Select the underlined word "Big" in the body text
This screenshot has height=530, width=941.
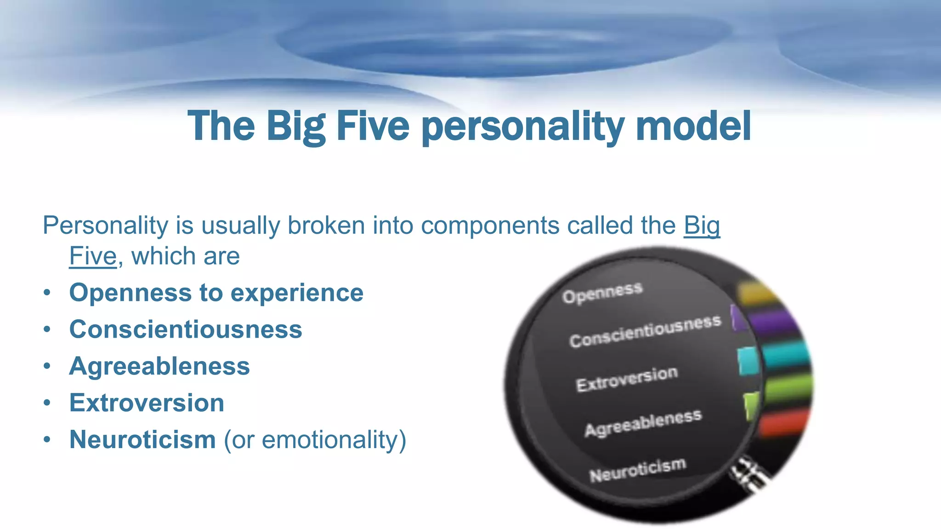coord(702,226)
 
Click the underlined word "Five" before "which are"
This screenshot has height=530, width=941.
coord(93,256)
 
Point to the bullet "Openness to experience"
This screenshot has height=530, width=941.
coord(216,293)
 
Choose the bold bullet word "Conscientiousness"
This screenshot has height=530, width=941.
coord(186,329)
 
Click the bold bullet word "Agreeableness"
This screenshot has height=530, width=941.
coord(159,366)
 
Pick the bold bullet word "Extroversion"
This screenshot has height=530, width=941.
coord(147,403)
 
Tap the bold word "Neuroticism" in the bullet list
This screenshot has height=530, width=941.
coord(142,439)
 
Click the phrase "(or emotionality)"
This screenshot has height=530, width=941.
coord(315,440)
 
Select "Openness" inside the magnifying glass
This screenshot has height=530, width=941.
coord(602,293)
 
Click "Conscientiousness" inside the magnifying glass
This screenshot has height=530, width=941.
coord(645,331)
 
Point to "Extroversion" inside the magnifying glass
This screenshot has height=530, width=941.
coord(627,379)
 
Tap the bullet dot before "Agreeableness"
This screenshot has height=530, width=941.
coord(47,367)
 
